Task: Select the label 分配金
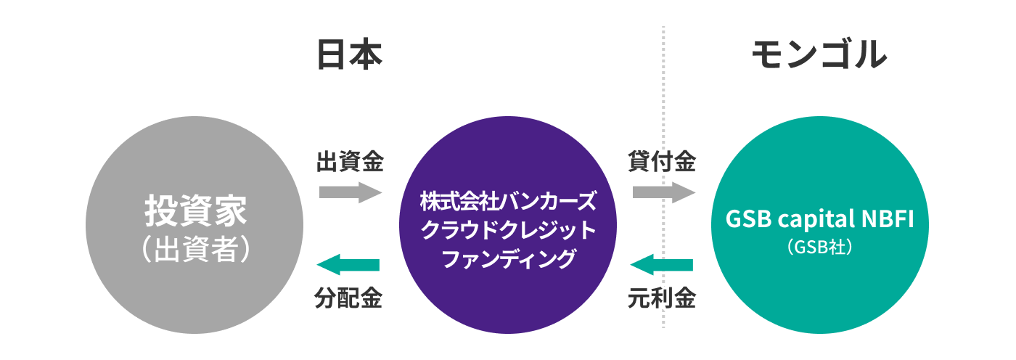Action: point(349,298)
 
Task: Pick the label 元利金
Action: point(662,298)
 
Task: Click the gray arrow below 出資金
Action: point(350,192)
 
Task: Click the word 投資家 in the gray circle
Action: point(195,212)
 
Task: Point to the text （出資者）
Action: point(195,249)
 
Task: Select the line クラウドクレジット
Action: point(508,229)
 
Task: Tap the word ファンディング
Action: point(508,258)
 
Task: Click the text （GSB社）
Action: point(818,247)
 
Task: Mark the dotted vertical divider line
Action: point(663,109)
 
